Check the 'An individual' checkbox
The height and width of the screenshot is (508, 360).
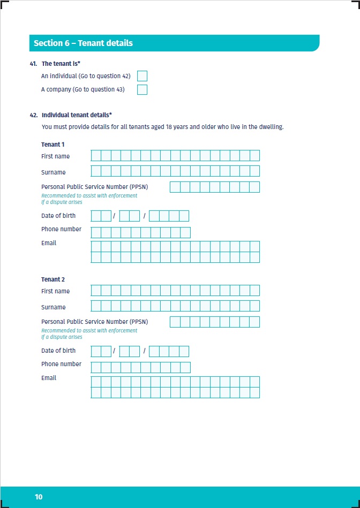[142, 76]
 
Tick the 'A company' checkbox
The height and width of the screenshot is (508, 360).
[142, 89]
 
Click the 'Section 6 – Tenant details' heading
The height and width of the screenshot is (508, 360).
[83, 43]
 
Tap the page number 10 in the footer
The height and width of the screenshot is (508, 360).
[39, 497]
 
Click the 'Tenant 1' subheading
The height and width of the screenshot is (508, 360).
[52, 145]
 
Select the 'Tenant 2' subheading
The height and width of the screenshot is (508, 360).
[52, 279]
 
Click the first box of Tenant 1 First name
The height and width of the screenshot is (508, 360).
[96, 156]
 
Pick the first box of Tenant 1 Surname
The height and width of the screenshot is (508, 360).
[96, 171]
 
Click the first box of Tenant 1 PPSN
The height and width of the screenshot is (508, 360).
[175, 187]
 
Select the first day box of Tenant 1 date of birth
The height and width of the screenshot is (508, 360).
[96, 216]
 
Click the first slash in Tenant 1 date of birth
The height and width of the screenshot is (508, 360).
[114, 216]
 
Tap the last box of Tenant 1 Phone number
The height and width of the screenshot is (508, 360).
[185, 232]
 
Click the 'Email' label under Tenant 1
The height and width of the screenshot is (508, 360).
[49, 243]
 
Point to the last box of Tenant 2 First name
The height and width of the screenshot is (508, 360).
[254, 291]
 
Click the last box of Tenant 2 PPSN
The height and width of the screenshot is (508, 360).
[254, 322]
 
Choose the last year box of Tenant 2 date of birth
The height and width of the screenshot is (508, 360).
[184, 351]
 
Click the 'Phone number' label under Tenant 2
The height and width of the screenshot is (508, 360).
[61, 364]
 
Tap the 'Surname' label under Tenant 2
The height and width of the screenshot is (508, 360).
[54, 307]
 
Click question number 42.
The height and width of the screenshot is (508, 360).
[34, 115]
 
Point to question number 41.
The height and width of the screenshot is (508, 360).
[34, 64]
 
